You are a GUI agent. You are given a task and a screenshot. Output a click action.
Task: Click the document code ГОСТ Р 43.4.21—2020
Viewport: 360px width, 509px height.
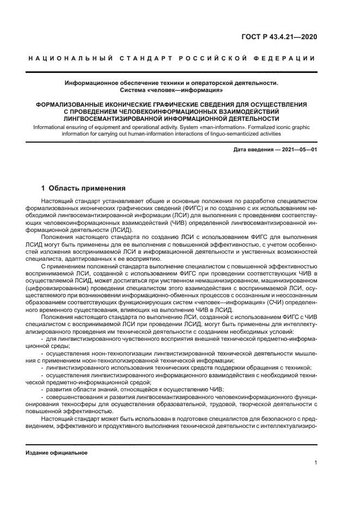pyautogui.click(x=279, y=38)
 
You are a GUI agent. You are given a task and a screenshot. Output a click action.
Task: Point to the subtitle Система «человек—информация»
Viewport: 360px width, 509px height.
pyautogui.click(x=171, y=90)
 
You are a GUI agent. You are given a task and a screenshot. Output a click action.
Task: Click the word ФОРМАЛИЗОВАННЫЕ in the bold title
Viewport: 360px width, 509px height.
pyautogui.click(x=73, y=104)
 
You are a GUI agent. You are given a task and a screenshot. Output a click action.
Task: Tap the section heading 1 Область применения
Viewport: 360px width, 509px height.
pyautogui.click(x=83, y=188)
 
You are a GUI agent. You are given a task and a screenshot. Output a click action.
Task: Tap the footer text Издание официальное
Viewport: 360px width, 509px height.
pyautogui.click(x=56, y=452)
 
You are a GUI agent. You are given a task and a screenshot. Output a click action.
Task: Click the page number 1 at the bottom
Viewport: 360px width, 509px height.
pyautogui.click(x=315, y=463)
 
